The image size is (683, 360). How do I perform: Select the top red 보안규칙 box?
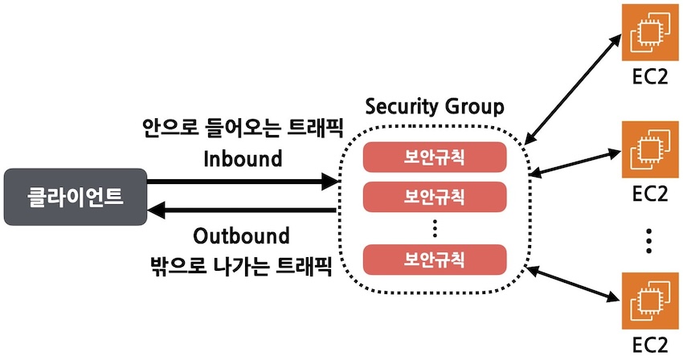(x=434, y=157)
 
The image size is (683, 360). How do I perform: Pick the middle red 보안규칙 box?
(x=434, y=195)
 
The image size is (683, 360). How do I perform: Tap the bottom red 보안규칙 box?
(x=434, y=259)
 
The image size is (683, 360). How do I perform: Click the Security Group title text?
(x=435, y=108)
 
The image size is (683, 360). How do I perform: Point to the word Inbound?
(x=243, y=158)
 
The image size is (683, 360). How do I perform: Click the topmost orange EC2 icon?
(x=649, y=33)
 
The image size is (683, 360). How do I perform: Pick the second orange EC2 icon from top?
(x=649, y=149)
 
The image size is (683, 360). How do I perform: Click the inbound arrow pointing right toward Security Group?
(x=241, y=182)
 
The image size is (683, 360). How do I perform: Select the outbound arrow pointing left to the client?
(x=241, y=211)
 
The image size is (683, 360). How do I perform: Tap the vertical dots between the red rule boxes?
(x=434, y=228)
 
